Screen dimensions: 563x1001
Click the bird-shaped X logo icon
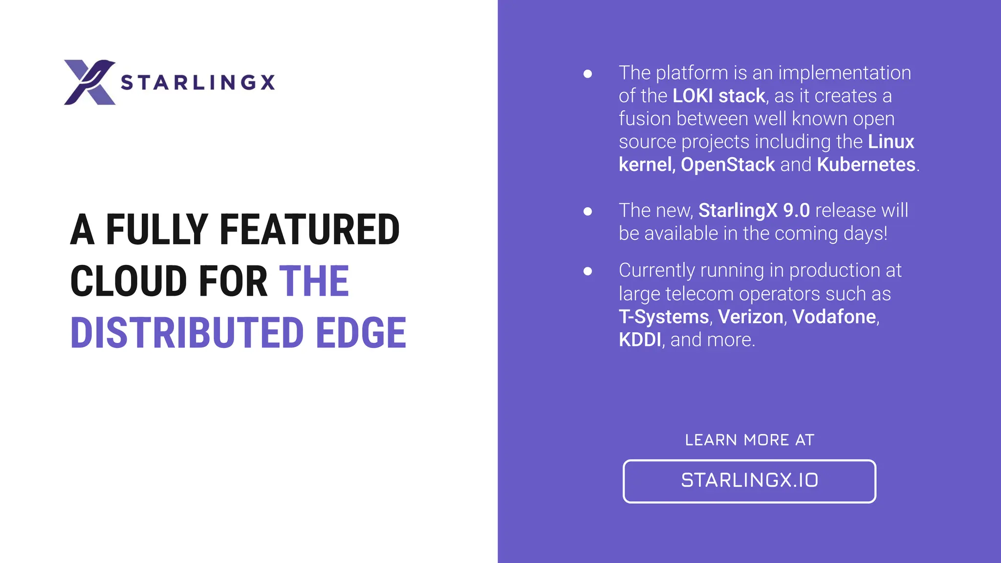tap(89, 82)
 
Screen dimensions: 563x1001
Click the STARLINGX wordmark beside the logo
tap(198, 83)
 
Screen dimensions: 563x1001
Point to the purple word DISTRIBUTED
tap(187, 333)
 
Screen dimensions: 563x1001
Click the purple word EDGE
tap(361, 333)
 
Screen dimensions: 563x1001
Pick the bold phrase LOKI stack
tap(718, 96)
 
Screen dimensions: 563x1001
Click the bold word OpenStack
tap(728, 165)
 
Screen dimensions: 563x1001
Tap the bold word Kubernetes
tap(866, 165)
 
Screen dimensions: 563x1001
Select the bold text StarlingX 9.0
tap(754, 211)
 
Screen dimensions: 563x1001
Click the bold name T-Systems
tap(664, 317)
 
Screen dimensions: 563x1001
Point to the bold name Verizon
tap(750, 317)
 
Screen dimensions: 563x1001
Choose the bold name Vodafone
tap(834, 317)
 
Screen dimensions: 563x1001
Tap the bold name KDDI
tap(640, 340)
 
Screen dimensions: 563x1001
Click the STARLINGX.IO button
tap(749, 481)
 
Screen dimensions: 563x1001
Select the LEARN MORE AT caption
tap(749, 440)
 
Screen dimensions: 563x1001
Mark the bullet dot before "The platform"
tap(588, 74)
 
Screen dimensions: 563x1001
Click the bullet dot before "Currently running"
tap(588, 271)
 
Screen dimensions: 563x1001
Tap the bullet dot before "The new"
tap(588, 211)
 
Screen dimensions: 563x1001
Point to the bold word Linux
tap(891, 142)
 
